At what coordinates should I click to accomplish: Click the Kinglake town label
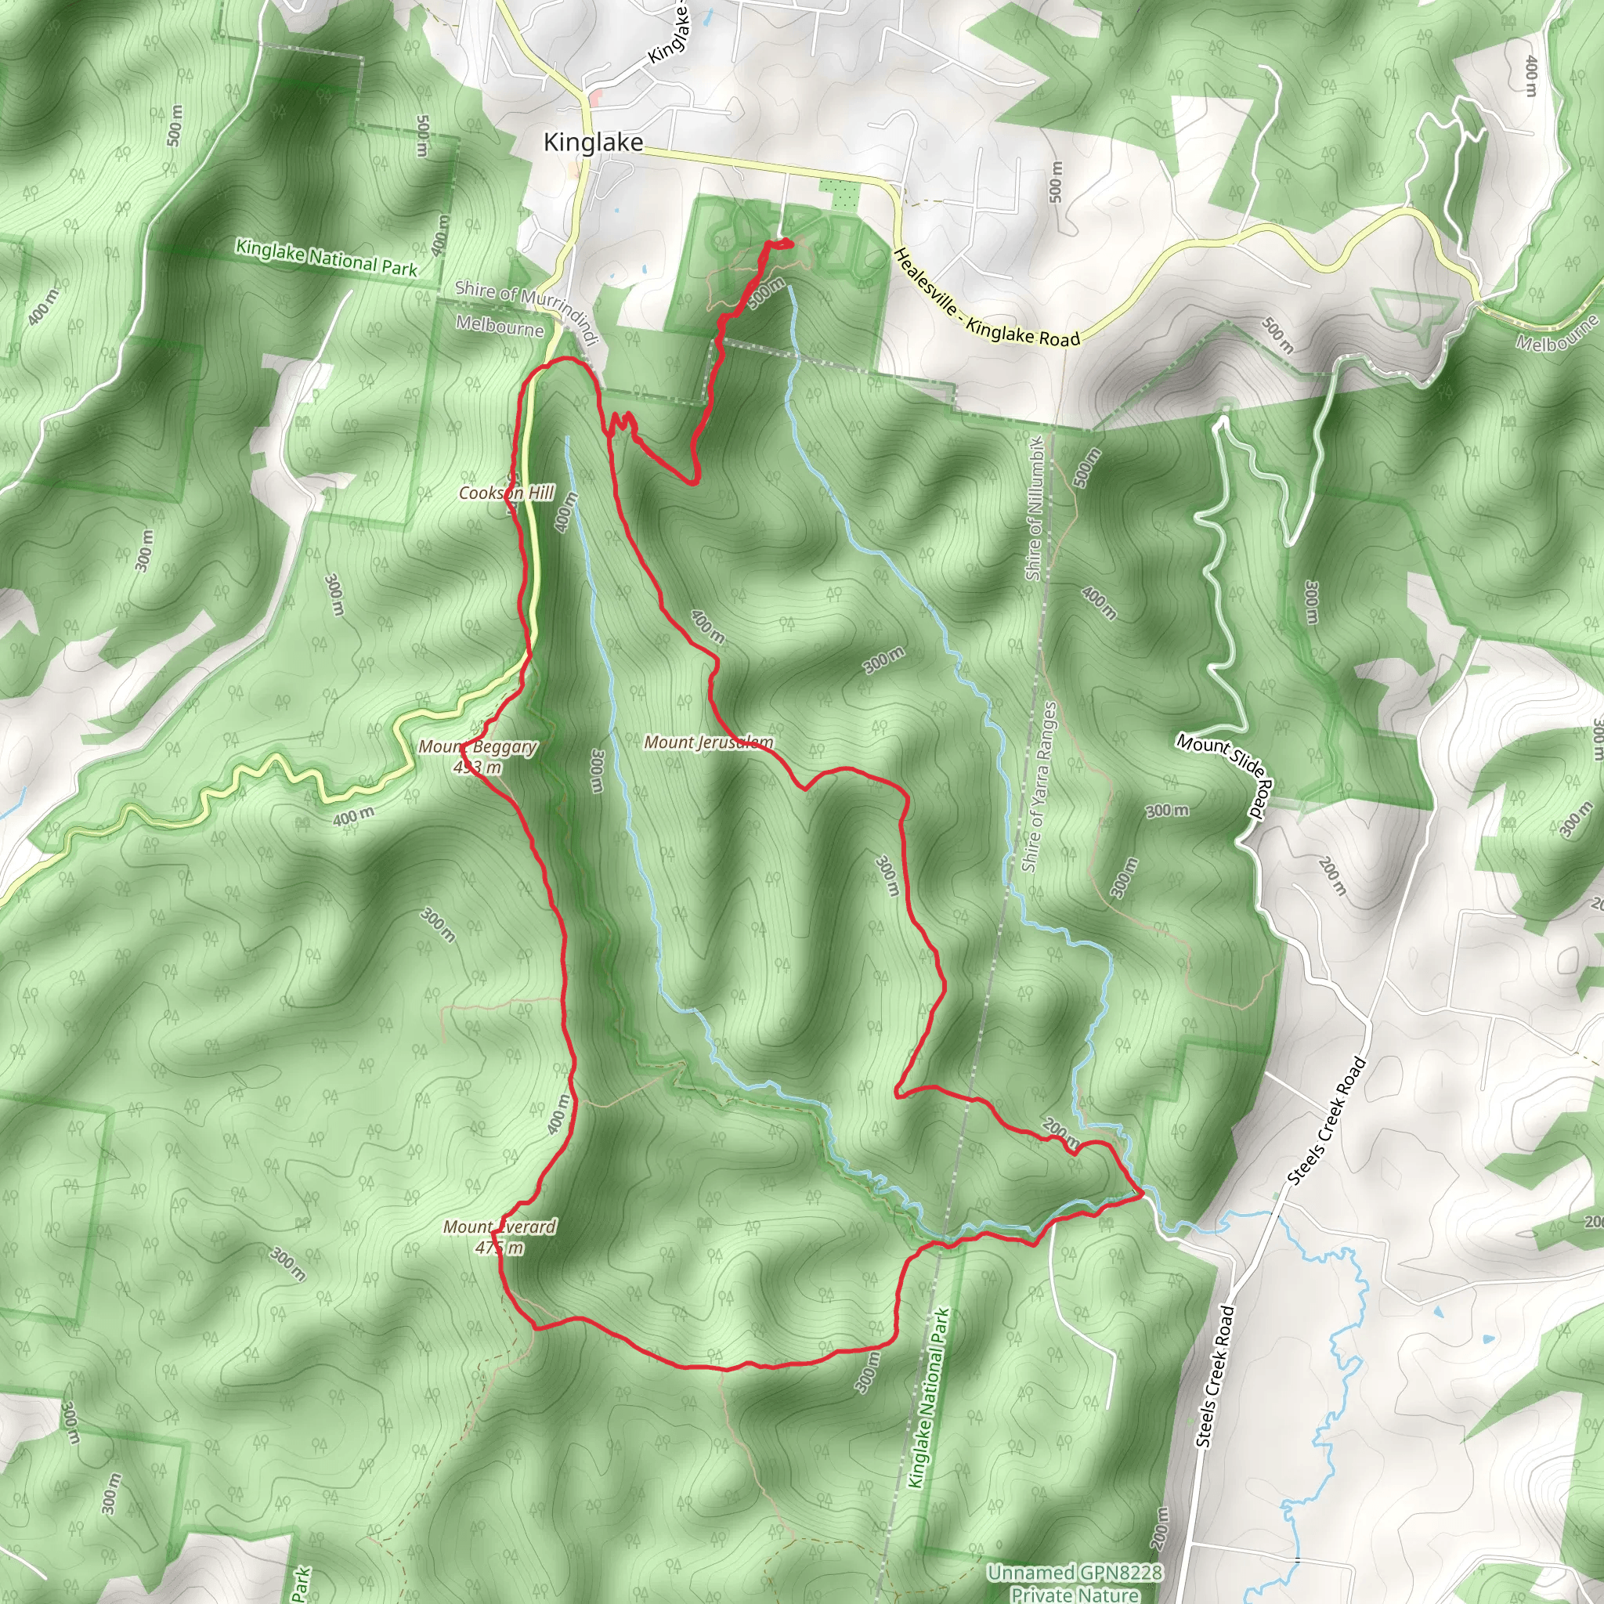pyautogui.click(x=593, y=143)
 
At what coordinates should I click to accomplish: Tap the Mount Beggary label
pyautogui.click(x=478, y=746)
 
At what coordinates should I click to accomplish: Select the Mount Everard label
pyautogui.click(x=500, y=1226)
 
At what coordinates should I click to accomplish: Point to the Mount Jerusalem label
pyautogui.click(x=708, y=742)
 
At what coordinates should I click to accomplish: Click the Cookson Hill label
pyautogui.click(x=507, y=493)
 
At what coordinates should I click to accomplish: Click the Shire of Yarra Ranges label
pyautogui.click(x=1039, y=787)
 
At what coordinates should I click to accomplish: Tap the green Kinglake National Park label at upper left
pyautogui.click(x=327, y=258)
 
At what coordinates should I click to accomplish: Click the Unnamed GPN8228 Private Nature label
pyautogui.click(x=1075, y=1582)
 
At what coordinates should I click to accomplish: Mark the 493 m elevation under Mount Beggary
pyautogui.click(x=478, y=767)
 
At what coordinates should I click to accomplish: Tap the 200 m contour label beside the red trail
pyautogui.click(x=1061, y=1131)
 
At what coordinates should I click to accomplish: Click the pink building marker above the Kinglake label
pyautogui.click(x=594, y=99)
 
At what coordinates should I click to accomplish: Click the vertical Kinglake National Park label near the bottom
pyautogui.click(x=929, y=1399)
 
